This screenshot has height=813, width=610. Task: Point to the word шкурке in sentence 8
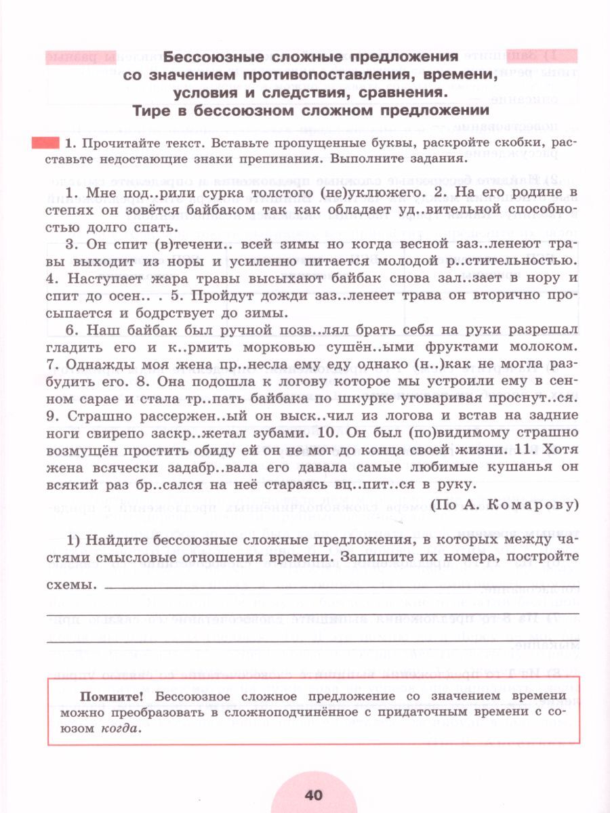coord(334,398)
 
